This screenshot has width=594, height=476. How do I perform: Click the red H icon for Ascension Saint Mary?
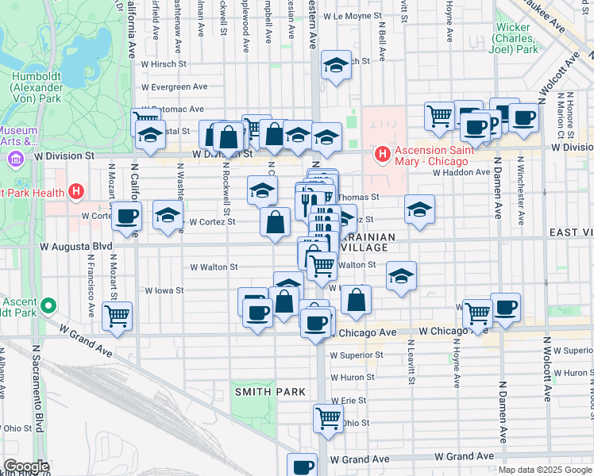tap(382, 153)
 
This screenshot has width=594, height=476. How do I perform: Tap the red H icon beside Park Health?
tap(76, 191)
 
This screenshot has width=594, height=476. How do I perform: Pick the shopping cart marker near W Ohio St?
tap(328, 416)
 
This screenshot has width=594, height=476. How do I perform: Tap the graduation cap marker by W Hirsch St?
tap(337, 65)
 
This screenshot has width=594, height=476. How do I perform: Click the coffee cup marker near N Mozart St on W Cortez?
tap(126, 217)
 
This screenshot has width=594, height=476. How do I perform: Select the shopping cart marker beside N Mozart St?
tap(117, 316)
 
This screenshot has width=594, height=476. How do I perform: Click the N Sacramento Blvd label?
tap(37, 389)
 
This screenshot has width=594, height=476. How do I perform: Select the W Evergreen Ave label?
tap(175, 87)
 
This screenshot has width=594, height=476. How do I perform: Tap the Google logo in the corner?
tap(25, 466)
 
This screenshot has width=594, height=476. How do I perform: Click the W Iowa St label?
tap(164, 290)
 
